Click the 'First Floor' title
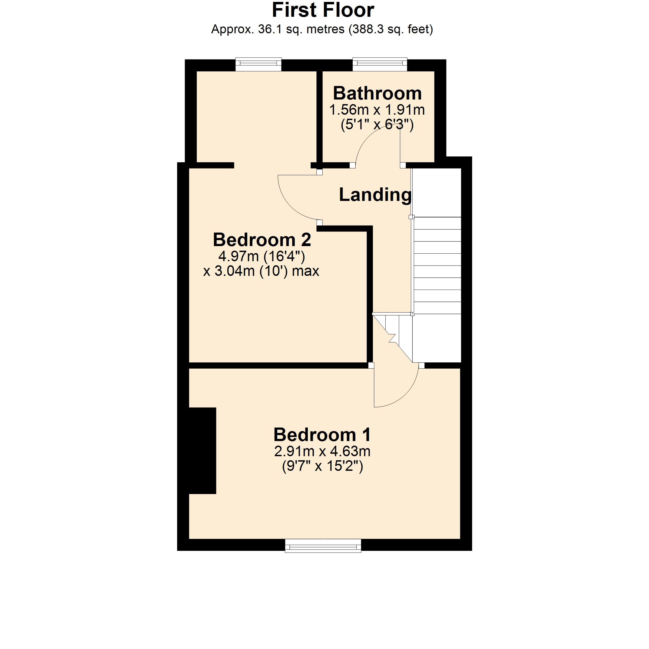(x=323, y=10)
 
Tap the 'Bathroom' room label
(x=377, y=93)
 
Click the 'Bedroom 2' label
(x=262, y=240)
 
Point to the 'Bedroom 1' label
(x=322, y=435)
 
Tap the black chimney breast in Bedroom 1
(x=202, y=451)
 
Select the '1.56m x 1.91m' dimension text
(x=377, y=110)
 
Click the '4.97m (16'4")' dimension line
(x=262, y=257)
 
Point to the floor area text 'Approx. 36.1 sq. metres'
(x=278, y=29)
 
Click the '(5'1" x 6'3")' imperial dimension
(x=377, y=125)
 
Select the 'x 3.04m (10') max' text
(x=261, y=271)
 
